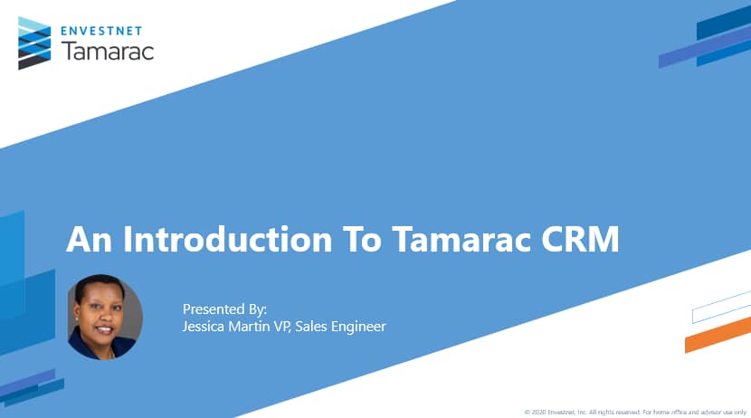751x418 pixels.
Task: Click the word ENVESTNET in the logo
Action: [x=108, y=29]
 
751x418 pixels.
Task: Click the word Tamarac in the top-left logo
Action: [x=108, y=50]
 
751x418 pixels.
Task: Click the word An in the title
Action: [x=90, y=240]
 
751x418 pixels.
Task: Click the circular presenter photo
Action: [x=105, y=317]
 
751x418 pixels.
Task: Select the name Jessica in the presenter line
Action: [x=206, y=326]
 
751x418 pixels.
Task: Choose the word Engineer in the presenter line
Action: [x=357, y=326]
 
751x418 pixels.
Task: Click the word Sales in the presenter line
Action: [x=313, y=326]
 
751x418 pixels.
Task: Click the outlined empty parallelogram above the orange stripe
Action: [x=721, y=308]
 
